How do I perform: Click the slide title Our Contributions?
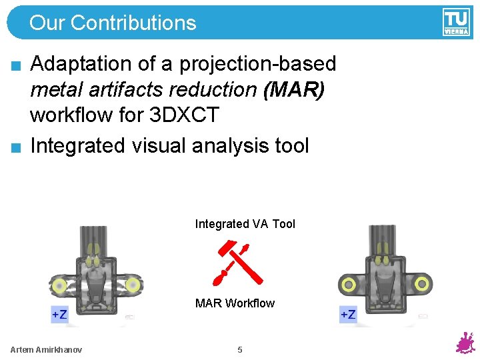[x=113, y=23]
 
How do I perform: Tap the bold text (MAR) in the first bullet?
[x=294, y=89]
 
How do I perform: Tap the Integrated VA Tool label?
[x=245, y=224]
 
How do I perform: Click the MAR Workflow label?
[x=235, y=303]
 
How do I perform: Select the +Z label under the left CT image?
[x=59, y=314]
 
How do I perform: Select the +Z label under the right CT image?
[x=347, y=314]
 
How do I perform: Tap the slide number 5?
[x=240, y=350]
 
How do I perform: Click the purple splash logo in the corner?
[x=464, y=343]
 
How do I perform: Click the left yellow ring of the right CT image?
[x=347, y=284]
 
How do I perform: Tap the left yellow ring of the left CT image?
[x=59, y=286]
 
